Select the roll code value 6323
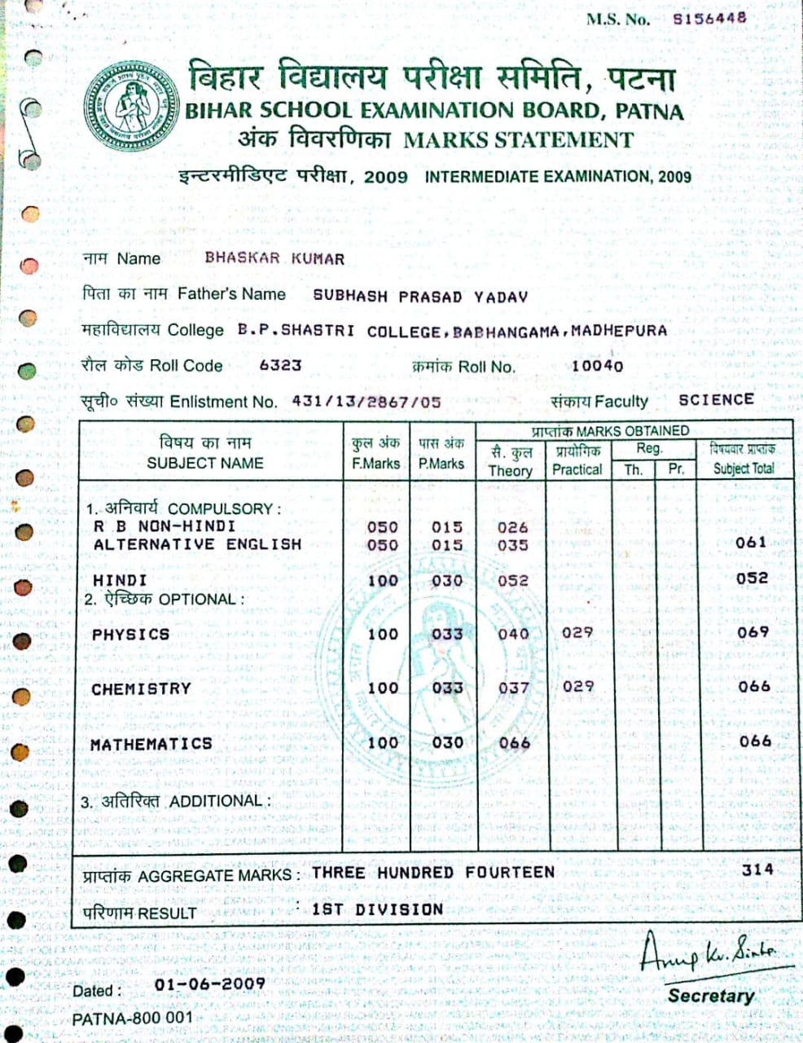pyautogui.click(x=280, y=365)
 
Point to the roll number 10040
pyautogui.click(x=597, y=366)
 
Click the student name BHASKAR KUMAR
pyautogui.click(x=274, y=259)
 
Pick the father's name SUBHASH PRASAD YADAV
pyautogui.click(x=420, y=297)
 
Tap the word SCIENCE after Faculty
pyautogui.click(x=716, y=400)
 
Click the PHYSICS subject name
pyautogui.click(x=130, y=634)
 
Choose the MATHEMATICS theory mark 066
pyautogui.click(x=514, y=742)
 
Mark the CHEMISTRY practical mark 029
pyautogui.click(x=577, y=687)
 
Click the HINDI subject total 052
pyautogui.click(x=751, y=578)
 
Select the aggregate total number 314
pyautogui.click(x=757, y=869)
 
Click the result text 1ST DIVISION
pyautogui.click(x=377, y=909)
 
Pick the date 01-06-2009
pyautogui.click(x=209, y=984)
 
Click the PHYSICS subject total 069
pyautogui.click(x=753, y=632)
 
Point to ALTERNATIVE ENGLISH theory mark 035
pyautogui.click(x=512, y=545)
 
